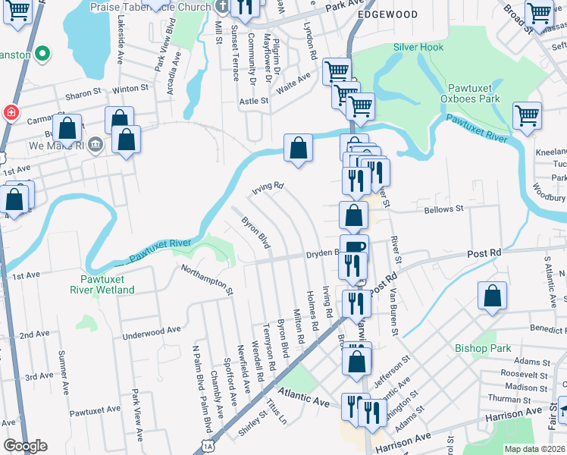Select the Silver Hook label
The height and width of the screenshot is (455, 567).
(418, 47)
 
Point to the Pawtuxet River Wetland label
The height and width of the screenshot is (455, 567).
(102, 284)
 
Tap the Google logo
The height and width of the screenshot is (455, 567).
(25, 446)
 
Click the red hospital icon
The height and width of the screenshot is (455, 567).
(11, 113)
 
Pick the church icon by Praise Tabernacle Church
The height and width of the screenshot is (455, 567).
(221, 7)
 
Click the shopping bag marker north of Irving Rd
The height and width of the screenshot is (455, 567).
(299, 147)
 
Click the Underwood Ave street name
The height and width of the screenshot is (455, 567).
(152, 331)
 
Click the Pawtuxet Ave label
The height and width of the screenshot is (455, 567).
(95, 409)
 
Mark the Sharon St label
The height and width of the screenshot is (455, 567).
(83, 94)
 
